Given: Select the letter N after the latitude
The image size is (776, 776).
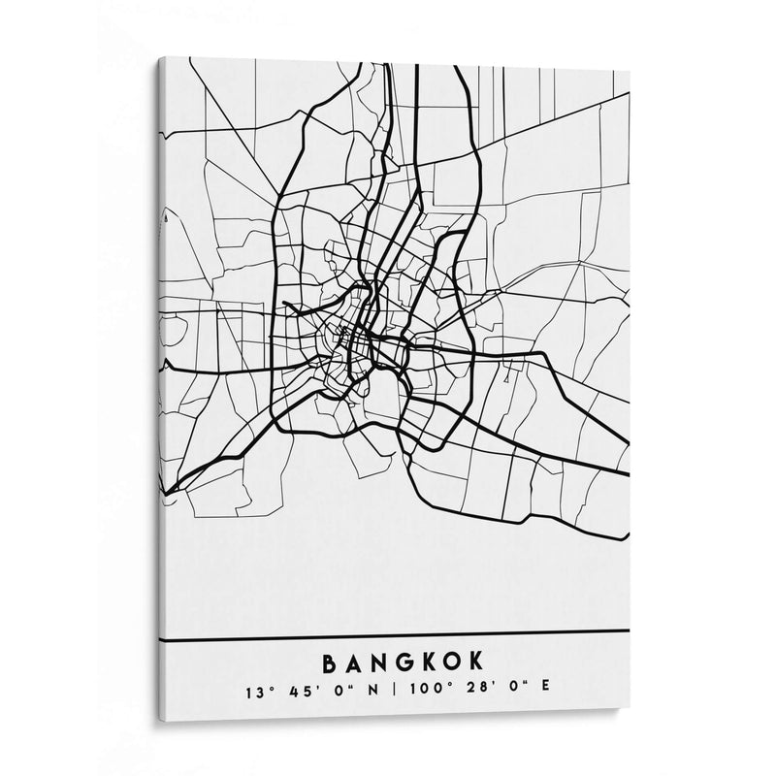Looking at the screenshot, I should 373,692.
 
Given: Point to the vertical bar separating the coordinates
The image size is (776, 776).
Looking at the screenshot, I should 393,692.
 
